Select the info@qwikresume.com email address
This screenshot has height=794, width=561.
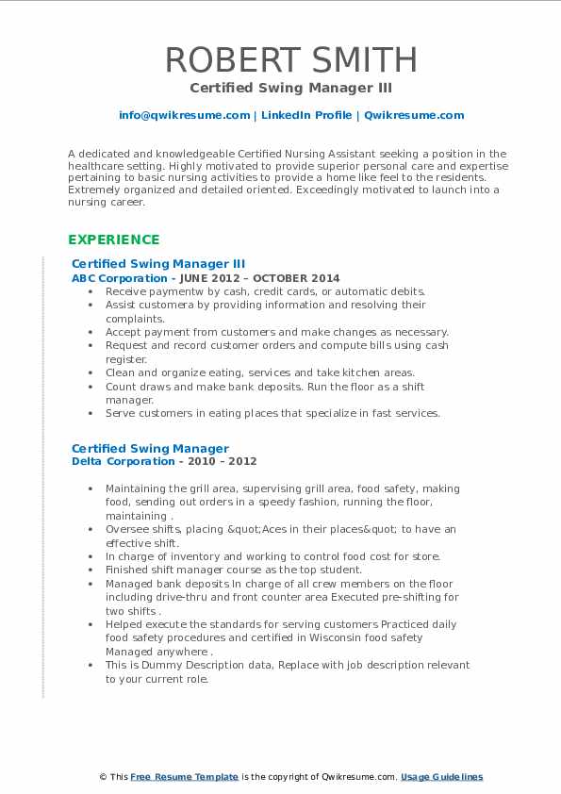(x=184, y=115)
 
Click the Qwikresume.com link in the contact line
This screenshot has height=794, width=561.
(x=414, y=115)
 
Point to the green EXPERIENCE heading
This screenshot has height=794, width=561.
(x=114, y=240)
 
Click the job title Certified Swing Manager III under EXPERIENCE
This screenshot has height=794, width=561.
(x=158, y=264)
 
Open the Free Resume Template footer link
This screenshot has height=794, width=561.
(x=185, y=776)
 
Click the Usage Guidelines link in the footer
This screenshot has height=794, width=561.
(x=442, y=776)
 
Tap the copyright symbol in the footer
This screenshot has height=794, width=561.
(x=103, y=776)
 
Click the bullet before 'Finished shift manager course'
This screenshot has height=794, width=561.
(x=89, y=570)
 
